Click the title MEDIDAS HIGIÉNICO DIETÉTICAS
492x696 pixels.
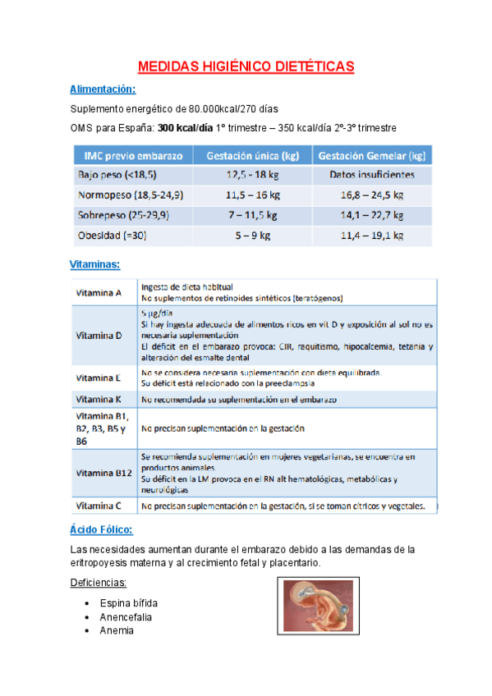[246, 66]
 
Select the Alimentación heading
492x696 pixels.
[103, 89]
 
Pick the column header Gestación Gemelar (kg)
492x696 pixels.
[371, 155]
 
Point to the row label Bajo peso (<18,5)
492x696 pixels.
[117, 175]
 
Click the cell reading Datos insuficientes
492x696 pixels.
[371, 175]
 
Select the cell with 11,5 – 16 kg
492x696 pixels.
[252, 195]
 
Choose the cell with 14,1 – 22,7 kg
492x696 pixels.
[371, 216]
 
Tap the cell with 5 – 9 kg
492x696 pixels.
[252, 236]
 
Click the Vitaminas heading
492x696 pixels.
[95, 264]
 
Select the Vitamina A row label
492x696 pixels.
[99, 293]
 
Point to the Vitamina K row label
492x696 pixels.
[99, 400]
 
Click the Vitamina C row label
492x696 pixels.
[99, 506]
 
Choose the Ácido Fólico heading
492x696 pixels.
[101, 531]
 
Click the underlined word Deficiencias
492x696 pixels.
[98, 583]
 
